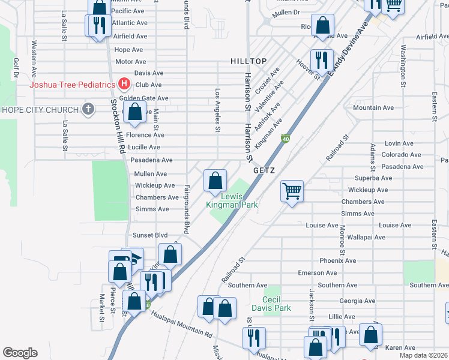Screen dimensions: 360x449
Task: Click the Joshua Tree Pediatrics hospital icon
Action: (124, 83)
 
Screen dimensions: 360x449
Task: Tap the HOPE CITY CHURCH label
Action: (40, 110)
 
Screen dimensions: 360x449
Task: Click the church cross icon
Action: (88, 109)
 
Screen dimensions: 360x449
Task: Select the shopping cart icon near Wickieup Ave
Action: (292, 192)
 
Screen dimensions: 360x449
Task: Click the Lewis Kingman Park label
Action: (232, 200)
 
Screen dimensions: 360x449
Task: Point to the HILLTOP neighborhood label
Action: (248, 62)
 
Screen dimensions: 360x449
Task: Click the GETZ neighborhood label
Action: (264, 170)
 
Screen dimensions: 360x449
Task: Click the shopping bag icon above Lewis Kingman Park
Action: (215, 180)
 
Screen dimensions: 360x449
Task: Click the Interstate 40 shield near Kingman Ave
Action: (286, 139)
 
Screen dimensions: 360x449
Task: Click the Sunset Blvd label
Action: (149, 235)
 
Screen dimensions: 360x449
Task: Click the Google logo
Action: (20, 353)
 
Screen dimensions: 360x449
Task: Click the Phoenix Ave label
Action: (337, 261)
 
